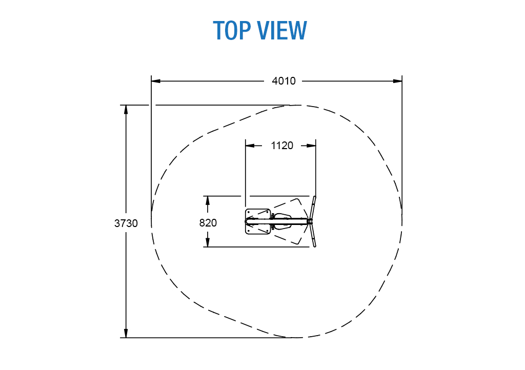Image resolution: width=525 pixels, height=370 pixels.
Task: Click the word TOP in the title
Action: (232, 30)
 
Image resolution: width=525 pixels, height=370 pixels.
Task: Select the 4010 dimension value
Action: (284, 81)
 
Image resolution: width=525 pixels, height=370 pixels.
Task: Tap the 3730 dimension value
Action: (126, 223)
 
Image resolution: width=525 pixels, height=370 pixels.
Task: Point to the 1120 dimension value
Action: (282, 146)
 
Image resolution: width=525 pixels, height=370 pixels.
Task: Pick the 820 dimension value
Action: (208, 223)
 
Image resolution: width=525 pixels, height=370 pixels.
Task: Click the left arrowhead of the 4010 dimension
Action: (156, 81)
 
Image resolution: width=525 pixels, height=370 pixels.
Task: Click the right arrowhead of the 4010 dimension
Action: (397, 81)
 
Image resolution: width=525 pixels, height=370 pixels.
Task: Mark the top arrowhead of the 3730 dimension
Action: (126, 110)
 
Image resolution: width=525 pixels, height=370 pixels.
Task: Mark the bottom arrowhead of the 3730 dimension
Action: (126, 333)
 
